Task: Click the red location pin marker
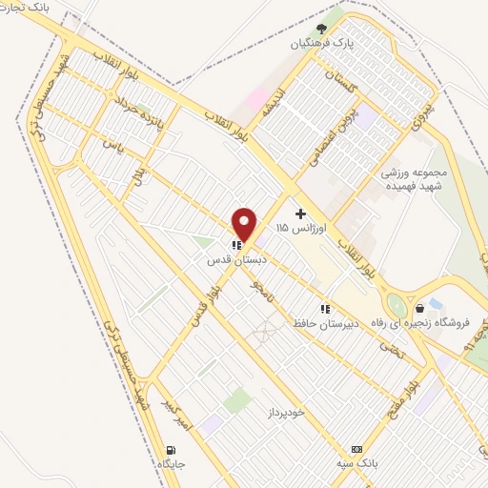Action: (x=245, y=223)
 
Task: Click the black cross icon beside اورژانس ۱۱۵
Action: (x=301, y=213)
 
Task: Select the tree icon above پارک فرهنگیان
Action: (x=322, y=29)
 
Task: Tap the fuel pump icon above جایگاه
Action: (x=171, y=449)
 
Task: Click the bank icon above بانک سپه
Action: (x=356, y=449)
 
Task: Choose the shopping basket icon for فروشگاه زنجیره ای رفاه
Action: (x=419, y=308)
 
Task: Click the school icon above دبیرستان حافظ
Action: (x=325, y=308)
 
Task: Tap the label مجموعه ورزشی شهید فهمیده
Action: (x=416, y=180)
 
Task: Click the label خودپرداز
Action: (x=284, y=413)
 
